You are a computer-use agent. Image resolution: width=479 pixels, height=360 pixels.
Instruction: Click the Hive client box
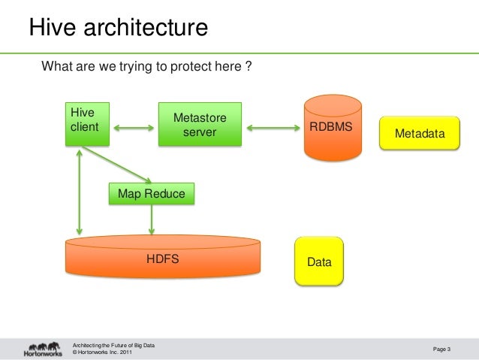pyautogui.click(x=86, y=123)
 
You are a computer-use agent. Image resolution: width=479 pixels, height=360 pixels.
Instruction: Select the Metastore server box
pyautogui.click(x=200, y=125)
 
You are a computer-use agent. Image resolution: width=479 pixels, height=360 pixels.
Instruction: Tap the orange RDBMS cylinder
pyautogui.click(x=331, y=126)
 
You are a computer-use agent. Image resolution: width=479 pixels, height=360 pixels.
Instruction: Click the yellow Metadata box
pyautogui.click(x=419, y=133)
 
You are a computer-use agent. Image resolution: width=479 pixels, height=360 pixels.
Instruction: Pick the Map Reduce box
pyautogui.click(x=152, y=193)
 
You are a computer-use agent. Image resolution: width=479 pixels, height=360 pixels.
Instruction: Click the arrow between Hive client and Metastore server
pyautogui.click(x=133, y=127)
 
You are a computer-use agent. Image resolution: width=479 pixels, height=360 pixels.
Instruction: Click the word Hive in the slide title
pyautogui.click(x=53, y=28)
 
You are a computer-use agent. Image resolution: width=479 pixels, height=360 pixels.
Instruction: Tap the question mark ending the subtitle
pyautogui.click(x=248, y=67)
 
